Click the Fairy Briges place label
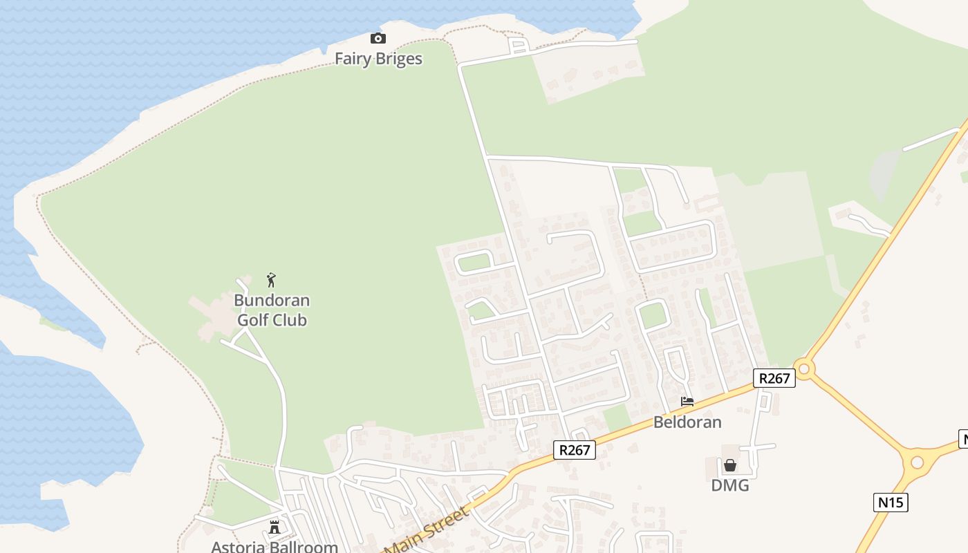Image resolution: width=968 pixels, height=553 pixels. pos(378,59)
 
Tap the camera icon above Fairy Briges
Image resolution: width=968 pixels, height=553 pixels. pos(378,38)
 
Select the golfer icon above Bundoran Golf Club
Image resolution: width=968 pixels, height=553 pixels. pos(271,280)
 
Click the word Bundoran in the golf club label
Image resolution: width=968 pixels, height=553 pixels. pos(272,301)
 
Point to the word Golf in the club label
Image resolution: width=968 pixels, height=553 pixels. pos(253,320)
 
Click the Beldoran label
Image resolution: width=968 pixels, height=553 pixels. pos(687,422)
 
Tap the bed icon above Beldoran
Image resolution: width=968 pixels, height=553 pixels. pos(687,401)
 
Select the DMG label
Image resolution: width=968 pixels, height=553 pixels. pos(730,485)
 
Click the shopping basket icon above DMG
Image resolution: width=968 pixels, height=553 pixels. pos(730,465)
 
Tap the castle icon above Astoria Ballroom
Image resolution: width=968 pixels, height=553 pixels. pos(274,527)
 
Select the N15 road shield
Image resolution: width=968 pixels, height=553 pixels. pos(891,503)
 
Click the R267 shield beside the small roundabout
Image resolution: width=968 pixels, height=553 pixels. pos(774,378)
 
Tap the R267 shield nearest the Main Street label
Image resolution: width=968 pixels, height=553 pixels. pos(575,451)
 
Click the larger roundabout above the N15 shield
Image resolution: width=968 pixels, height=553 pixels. pos(918,462)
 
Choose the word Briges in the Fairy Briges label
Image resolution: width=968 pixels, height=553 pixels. pos(398,59)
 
